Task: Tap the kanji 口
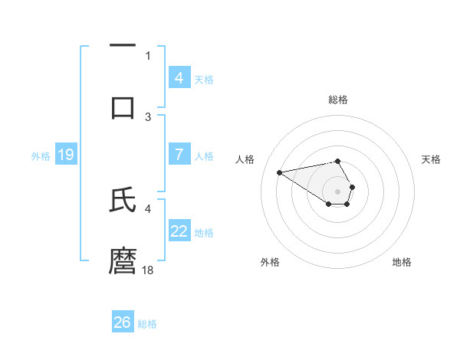click(x=123, y=107)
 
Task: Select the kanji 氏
click(x=123, y=200)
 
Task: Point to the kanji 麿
click(x=123, y=260)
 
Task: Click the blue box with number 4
click(x=179, y=77)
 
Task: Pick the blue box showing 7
click(x=179, y=154)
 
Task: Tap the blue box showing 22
click(x=179, y=231)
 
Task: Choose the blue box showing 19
click(x=66, y=155)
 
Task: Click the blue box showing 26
click(x=123, y=322)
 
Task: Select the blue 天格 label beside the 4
click(x=204, y=79)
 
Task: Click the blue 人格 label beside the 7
click(x=204, y=155)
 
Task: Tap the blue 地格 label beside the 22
click(x=204, y=232)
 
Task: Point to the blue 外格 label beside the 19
click(x=41, y=155)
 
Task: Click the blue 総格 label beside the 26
click(x=147, y=324)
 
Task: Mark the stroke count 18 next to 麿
click(x=149, y=270)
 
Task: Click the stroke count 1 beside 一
click(x=148, y=55)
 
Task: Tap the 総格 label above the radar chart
click(x=337, y=100)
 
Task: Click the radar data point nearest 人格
click(x=280, y=172)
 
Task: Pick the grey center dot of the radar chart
click(x=337, y=191)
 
